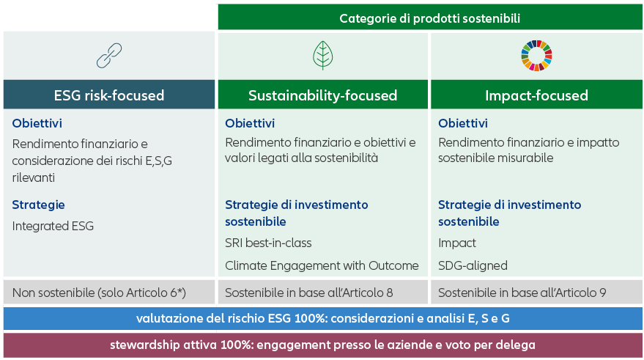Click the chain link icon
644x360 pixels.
[109, 56]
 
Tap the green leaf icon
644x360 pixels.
[323, 56]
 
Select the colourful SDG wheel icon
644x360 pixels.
[536, 56]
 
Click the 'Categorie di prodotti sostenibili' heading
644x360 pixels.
[430, 18]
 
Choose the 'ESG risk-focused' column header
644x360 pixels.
[109, 95]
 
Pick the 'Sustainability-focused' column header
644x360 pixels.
[323, 95]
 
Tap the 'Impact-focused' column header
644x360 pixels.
[536, 95]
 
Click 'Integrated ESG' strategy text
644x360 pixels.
[53, 226]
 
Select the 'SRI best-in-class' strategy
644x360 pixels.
[268, 243]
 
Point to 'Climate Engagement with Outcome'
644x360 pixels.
[322, 265]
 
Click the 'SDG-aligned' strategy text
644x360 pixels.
[473, 265]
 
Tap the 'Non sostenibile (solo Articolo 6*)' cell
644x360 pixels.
[109, 293]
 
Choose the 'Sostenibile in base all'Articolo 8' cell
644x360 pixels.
[323, 293]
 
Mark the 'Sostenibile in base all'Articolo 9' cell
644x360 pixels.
[536, 293]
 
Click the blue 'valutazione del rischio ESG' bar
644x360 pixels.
[323, 318]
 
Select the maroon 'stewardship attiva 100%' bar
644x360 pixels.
[323, 345]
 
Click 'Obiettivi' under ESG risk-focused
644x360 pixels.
[37, 123]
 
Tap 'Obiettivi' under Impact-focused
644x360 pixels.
[463, 123]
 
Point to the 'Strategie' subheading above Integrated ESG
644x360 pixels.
[38, 205]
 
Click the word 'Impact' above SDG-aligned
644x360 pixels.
[456, 243]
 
